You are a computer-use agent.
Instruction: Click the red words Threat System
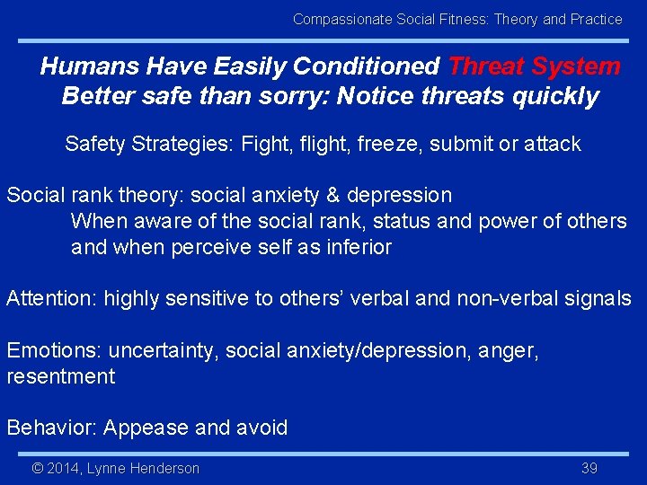click(x=534, y=66)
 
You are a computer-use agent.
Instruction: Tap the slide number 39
click(x=589, y=468)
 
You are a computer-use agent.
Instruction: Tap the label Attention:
click(x=51, y=299)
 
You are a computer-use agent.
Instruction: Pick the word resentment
click(x=60, y=376)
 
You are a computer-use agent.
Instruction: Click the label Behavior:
click(x=51, y=428)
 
